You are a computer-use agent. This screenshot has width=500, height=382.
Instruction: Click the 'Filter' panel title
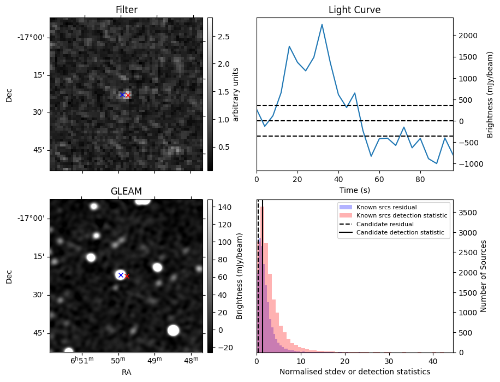coord(126,10)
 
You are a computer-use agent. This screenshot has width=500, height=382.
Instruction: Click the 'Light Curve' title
coord(354,10)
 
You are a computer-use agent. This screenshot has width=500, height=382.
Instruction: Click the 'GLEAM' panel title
coord(126,191)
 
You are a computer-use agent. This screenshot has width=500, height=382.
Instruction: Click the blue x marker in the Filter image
coord(122,95)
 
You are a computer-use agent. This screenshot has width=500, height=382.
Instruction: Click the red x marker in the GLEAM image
coord(127,276)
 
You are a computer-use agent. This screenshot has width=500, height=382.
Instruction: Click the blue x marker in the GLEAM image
coord(121,275)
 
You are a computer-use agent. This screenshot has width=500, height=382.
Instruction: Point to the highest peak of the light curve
coord(322,25)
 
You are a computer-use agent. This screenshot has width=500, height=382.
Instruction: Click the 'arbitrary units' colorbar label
coord(236,94)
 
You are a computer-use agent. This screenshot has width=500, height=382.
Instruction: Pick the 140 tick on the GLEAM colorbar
coord(224,207)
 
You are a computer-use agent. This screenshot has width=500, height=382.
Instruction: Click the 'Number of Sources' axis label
coord(483,275)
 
